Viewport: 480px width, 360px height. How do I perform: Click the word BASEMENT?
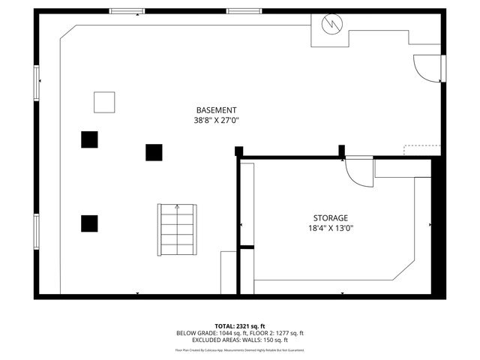click(x=216, y=110)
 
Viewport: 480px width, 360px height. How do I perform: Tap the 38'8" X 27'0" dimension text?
click(x=216, y=120)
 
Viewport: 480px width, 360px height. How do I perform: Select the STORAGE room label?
click(x=330, y=217)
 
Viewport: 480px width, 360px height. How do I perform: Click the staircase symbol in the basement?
click(x=177, y=229)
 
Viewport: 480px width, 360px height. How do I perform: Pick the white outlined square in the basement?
click(x=104, y=101)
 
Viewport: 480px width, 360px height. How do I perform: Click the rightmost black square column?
click(x=154, y=152)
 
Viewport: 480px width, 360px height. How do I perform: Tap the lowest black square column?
click(x=89, y=223)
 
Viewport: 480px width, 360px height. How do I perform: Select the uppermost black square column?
click(x=89, y=139)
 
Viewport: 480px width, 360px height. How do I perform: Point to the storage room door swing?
click(x=358, y=172)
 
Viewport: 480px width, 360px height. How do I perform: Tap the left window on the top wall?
click(x=127, y=11)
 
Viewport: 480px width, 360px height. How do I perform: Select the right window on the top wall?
click(x=244, y=11)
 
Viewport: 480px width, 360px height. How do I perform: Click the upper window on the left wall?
click(x=36, y=82)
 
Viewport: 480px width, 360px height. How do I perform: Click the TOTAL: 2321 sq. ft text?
click(x=239, y=326)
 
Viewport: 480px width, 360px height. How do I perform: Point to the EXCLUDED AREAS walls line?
click(x=239, y=340)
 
